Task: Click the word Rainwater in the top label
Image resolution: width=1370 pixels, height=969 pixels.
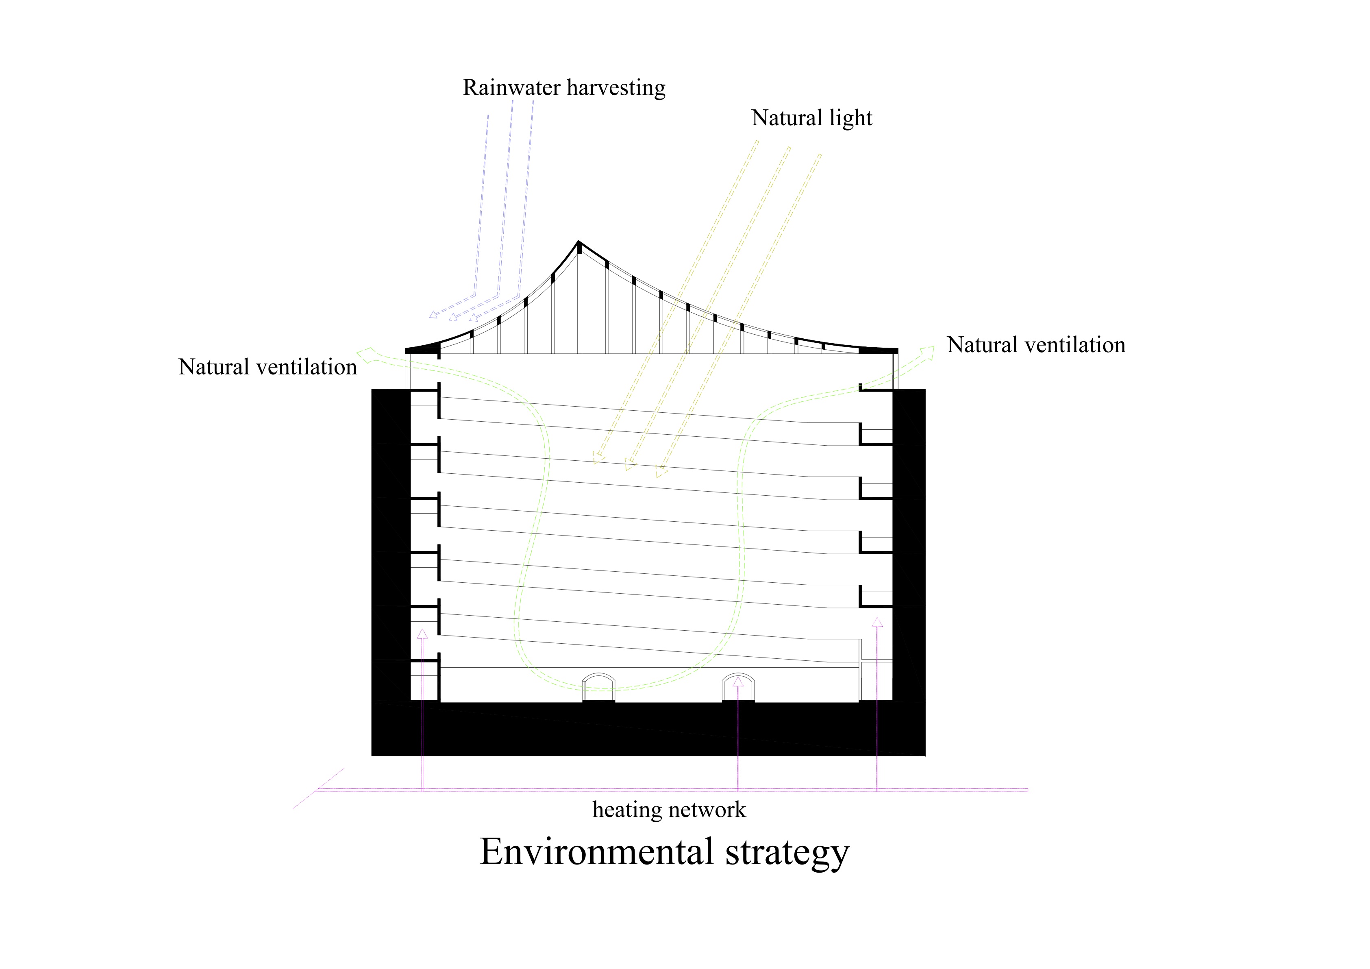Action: tap(511, 88)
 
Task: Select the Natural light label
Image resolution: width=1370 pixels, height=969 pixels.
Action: tap(811, 118)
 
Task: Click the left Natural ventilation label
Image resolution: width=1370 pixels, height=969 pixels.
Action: tap(267, 367)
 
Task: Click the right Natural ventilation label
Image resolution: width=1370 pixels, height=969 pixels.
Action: tap(1036, 345)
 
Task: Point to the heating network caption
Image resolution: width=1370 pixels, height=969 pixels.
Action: tap(669, 810)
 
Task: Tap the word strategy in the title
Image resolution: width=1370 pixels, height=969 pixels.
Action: tap(787, 853)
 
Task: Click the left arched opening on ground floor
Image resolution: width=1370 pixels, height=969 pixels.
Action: tap(598, 687)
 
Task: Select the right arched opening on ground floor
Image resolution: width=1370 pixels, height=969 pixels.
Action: tap(738, 687)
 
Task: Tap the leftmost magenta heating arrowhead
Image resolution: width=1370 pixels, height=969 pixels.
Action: tap(422, 634)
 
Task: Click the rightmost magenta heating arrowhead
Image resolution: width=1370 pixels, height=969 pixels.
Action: tap(877, 622)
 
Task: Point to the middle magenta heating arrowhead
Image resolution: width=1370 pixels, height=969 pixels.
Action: tap(738, 682)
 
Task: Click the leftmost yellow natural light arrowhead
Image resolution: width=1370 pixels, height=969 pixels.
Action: tap(598, 458)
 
